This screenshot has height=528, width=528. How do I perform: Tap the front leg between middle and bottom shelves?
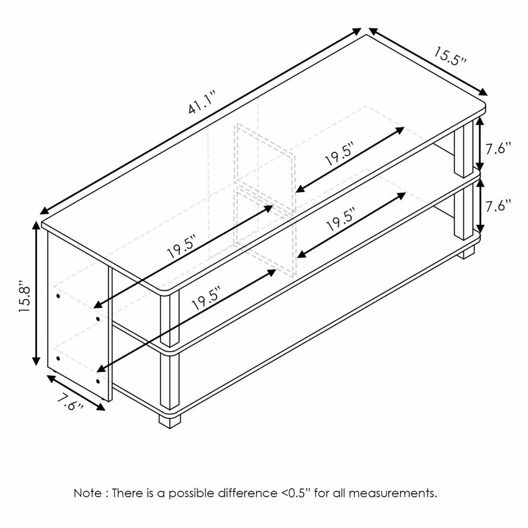pos(170,382)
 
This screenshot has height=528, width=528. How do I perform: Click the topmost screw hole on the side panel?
pos(58,296)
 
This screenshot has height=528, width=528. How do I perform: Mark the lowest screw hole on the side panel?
pos(98,381)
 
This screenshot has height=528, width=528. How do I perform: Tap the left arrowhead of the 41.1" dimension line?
pos(45,210)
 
